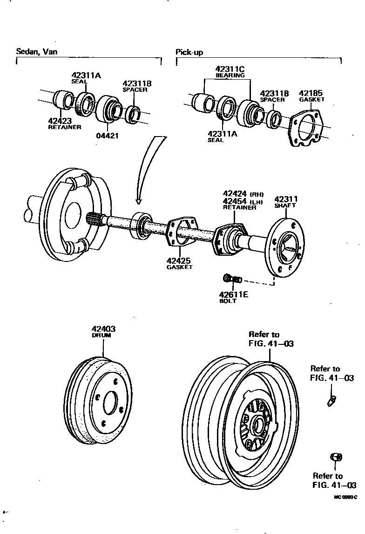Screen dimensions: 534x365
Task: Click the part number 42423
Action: [x=60, y=121]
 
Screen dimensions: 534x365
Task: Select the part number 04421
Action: [x=108, y=136]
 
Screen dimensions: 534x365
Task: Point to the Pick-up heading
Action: [x=189, y=52]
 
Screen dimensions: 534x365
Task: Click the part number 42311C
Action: [x=230, y=69]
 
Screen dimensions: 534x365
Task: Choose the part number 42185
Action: [x=311, y=93]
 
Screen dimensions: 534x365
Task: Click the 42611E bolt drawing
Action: [x=231, y=279]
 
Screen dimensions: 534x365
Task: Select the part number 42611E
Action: [x=234, y=294]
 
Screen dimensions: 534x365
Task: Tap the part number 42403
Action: [x=103, y=329]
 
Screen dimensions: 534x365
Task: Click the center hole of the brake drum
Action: [x=110, y=402]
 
